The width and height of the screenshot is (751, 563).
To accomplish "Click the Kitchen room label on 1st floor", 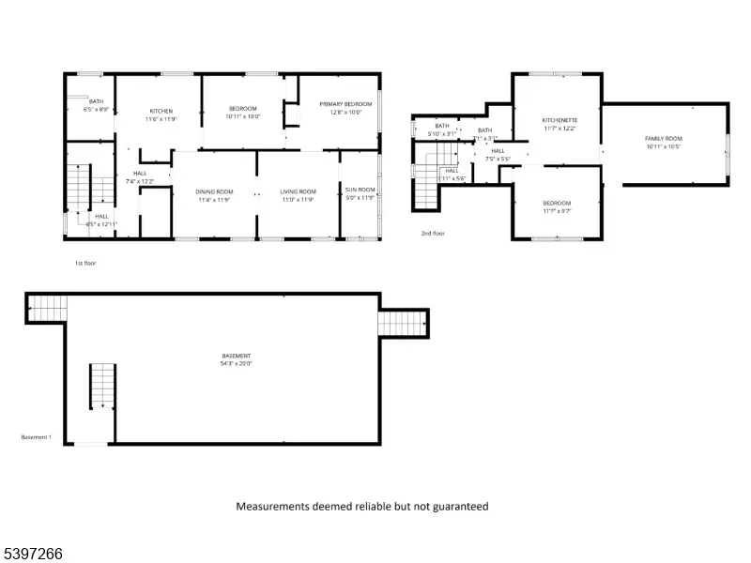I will click(159, 111).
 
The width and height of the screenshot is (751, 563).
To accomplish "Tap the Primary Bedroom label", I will click(345, 103).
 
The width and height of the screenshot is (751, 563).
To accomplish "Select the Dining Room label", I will click(214, 191).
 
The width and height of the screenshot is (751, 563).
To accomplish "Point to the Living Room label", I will click(298, 191).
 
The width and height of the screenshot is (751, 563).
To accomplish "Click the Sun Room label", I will click(360, 190).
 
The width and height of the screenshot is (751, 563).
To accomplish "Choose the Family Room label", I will click(663, 138).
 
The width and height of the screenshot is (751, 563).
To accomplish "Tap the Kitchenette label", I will click(559, 120).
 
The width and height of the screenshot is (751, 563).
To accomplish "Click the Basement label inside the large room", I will click(236, 356).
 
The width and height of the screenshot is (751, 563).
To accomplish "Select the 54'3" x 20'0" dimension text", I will click(237, 363).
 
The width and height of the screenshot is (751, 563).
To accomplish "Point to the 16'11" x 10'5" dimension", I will click(663, 146).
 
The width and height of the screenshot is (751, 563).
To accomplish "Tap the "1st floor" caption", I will click(85, 264).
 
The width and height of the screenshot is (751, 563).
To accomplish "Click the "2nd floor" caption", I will click(433, 233).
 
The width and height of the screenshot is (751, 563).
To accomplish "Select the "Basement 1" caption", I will click(36, 437).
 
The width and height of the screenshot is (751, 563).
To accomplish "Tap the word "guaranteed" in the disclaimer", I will click(459, 507).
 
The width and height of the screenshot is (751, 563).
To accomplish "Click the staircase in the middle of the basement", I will click(101, 387).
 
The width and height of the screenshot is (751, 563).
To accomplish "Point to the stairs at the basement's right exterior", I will click(403, 323).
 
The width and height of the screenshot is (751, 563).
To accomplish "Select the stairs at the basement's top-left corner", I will click(48, 306).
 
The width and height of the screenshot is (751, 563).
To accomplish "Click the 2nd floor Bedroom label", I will click(557, 204).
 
